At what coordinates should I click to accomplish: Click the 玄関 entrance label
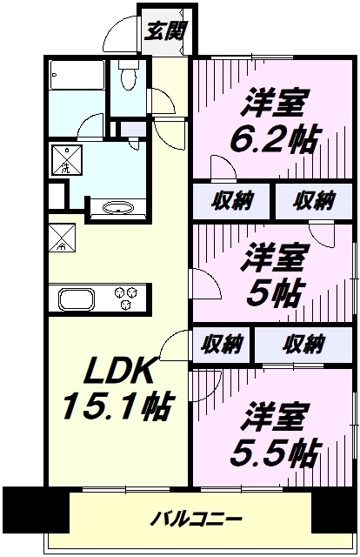(x=166, y=31)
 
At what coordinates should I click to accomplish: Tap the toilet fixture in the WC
(x=128, y=74)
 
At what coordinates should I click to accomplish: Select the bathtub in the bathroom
(x=77, y=75)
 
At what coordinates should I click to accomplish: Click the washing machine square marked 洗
(x=68, y=160)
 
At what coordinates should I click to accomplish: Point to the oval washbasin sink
(x=117, y=208)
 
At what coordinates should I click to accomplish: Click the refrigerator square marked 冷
(x=62, y=238)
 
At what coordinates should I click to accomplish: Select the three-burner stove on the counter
(x=126, y=298)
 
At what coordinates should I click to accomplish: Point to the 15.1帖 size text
(x=117, y=406)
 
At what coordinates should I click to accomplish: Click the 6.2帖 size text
(x=274, y=138)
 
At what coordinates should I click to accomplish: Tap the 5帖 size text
(x=275, y=293)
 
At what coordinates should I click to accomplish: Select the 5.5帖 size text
(x=274, y=454)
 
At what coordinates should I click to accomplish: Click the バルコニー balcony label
(x=197, y=520)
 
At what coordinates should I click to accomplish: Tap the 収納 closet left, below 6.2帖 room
(x=232, y=201)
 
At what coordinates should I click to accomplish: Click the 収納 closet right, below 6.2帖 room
(x=314, y=201)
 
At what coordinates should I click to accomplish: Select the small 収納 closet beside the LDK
(x=223, y=345)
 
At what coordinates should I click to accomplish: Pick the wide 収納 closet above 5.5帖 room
(x=303, y=345)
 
